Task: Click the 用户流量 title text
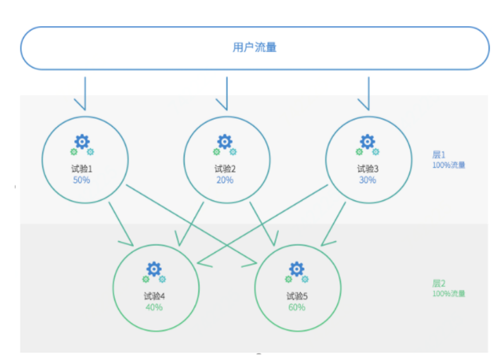coord(254,48)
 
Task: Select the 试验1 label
coord(82,169)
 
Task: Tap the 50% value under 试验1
coord(82,180)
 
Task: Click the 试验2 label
coord(225,169)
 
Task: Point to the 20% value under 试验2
coord(225,180)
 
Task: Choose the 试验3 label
coord(368,169)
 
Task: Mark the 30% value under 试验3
coord(368,180)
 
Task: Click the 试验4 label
coord(154,297)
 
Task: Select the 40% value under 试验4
coord(154,307)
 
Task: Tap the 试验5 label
coord(297,297)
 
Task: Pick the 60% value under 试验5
coord(297,307)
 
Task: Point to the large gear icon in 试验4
coord(154,268)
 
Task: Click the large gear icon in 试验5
coord(297,268)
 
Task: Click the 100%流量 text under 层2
coord(449,294)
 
